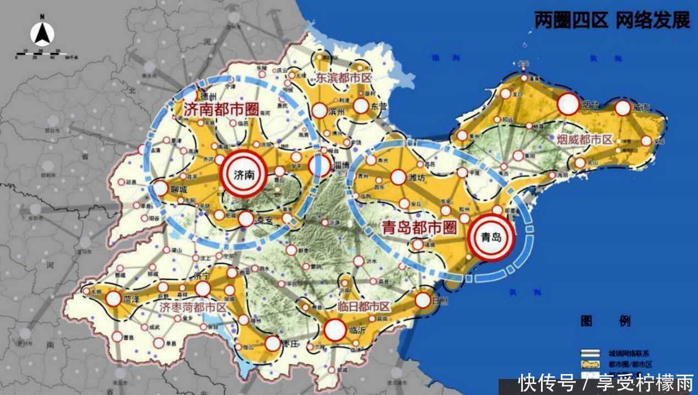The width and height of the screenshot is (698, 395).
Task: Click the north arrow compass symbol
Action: click(x=42, y=35)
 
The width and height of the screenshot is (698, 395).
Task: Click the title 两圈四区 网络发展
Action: click(x=612, y=20)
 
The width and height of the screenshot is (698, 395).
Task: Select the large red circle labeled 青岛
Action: click(x=491, y=237)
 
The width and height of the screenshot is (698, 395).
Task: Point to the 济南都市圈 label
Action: click(x=221, y=109)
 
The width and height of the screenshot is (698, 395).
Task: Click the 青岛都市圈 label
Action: click(x=420, y=227)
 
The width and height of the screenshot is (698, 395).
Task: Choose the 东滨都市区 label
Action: click(x=343, y=78)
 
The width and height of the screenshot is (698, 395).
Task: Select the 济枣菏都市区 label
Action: click(x=193, y=307)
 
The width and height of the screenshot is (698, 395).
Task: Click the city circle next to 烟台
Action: click(x=568, y=104)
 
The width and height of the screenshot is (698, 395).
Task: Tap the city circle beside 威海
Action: click(x=623, y=108)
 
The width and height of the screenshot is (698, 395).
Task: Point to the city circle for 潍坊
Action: click(x=398, y=177)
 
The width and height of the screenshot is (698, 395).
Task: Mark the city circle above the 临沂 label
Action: click(x=334, y=330)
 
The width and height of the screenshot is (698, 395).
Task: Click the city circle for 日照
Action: click(x=423, y=300)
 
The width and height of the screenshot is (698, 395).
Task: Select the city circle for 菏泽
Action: click(x=113, y=299)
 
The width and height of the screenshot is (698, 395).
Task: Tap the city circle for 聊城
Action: click(x=160, y=188)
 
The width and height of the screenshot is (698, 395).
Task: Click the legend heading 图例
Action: click(x=605, y=321)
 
